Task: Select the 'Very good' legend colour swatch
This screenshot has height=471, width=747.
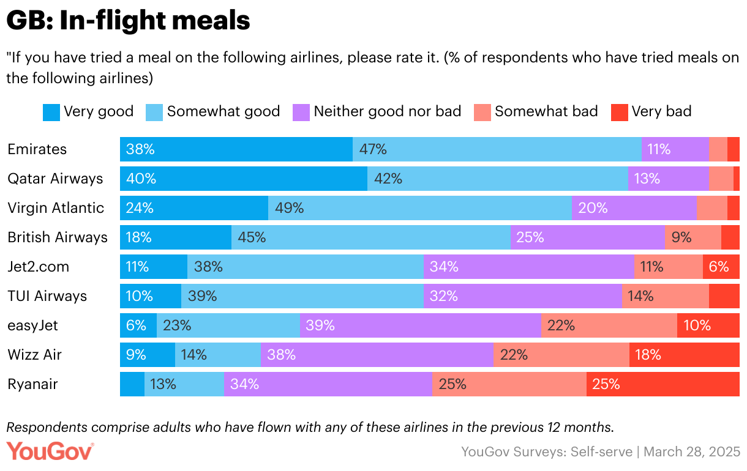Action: pyautogui.click(x=51, y=112)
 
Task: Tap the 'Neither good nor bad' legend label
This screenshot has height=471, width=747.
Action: pyautogui.click(x=387, y=111)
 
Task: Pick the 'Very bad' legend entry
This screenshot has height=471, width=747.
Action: pyautogui.click(x=661, y=111)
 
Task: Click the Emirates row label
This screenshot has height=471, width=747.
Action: pyautogui.click(x=37, y=149)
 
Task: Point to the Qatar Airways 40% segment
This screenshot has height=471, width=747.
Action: pyautogui.click(x=244, y=179)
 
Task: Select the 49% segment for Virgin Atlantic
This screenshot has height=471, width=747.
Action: pyautogui.click(x=420, y=208)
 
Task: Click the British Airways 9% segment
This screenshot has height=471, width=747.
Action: pyautogui.click(x=693, y=237)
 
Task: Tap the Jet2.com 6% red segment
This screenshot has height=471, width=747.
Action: pyautogui.click(x=721, y=267)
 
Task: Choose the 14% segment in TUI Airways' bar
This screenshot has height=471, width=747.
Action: pyautogui.click(x=665, y=296)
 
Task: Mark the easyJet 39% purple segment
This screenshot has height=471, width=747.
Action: pyautogui.click(x=420, y=325)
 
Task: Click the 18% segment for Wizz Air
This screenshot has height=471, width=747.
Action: pyautogui.click(x=684, y=355)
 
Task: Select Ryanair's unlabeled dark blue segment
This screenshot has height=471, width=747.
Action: pyautogui.click(x=132, y=384)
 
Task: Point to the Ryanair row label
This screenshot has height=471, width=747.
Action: pyautogui.click(x=33, y=384)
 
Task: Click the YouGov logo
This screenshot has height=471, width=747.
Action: pyautogui.click(x=50, y=451)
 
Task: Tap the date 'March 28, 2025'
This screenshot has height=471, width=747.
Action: pyautogui.click(x=692, y=452)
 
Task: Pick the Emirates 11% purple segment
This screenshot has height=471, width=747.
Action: pyautogui.click(x=675, y=149)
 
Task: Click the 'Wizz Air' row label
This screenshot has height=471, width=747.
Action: pyautogui.click(x=35, y=355)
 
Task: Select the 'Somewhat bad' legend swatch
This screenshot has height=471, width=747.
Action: pyautogui.click(x=482, y=112)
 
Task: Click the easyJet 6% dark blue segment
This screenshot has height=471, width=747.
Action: pyautogui.click(x=138, y=325)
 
